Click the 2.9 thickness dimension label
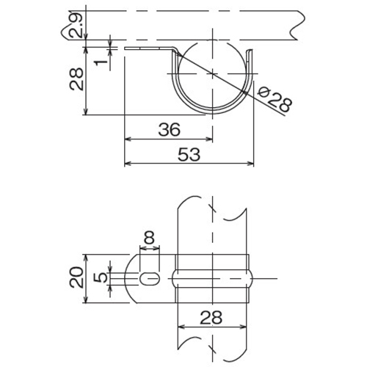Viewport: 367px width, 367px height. [76, 26]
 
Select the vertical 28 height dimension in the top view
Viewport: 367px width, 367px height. [76, 79]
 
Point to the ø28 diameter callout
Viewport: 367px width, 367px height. [275, 100]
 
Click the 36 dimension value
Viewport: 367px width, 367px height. [169, 129]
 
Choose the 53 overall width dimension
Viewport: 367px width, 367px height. [189, 154]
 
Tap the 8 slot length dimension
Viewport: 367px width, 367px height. [149, 237]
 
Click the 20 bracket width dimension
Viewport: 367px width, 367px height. [76, 277]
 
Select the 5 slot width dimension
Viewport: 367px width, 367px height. [101, 277]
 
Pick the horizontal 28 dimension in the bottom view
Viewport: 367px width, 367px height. [211, 317]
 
